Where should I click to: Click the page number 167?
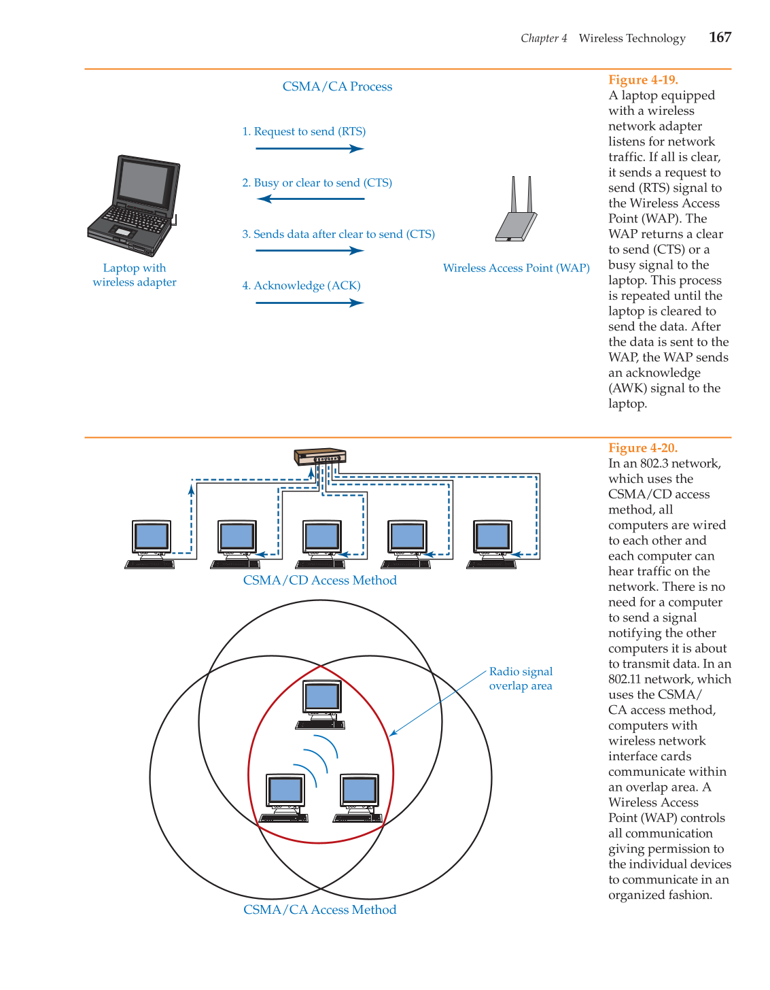[720, 37]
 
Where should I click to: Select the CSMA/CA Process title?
[337, 86]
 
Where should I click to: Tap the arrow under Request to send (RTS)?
[309, 148]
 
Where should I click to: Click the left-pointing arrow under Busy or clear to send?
[311, 199]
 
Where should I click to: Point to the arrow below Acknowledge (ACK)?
[309, 303]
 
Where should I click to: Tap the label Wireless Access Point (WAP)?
[516, 268]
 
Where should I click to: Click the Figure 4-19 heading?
[643, 80]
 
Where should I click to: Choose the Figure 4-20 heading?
[643, 448]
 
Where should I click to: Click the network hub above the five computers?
[320, 457]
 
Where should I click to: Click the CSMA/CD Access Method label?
[319, 580]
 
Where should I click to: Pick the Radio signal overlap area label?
[521, 679]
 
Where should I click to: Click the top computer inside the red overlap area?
[321, 704]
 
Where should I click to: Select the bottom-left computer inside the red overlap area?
[285, 797]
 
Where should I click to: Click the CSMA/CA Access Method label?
[319, 910]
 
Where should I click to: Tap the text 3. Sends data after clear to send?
[338, 234]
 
